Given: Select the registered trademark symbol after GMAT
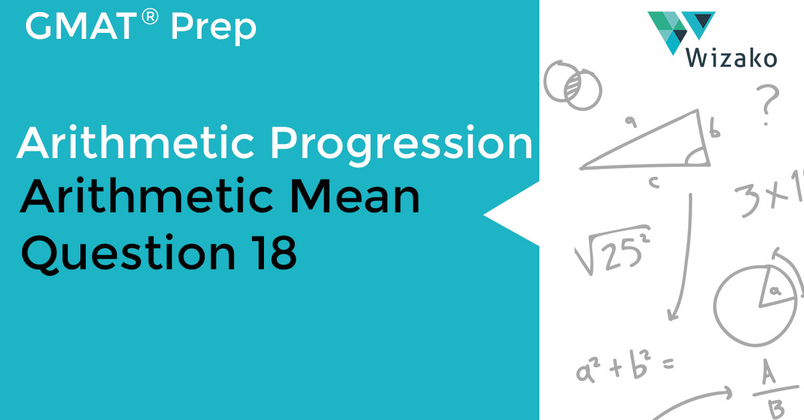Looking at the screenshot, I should (x=151, y=18).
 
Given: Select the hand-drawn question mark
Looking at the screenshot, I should (x=768, y=104).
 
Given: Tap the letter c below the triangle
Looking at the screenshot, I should (x=654, y=182).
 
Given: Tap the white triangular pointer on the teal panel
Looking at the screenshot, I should (x=513, y=214).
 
